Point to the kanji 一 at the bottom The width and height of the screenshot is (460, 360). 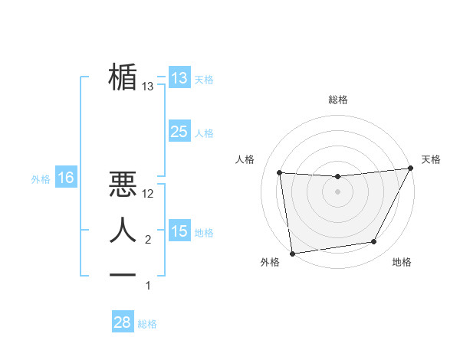(x=123, y=274)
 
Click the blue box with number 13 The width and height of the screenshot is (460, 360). (x=179, y=77)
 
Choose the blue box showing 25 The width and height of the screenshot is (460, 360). (x=179, y=132)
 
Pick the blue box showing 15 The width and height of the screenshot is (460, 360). (x=179, y=231)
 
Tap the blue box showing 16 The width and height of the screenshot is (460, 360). (x=66, y=178)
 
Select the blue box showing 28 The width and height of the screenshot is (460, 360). (x=123, y=322)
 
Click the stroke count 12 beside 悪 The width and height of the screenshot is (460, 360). (x=148, y=195)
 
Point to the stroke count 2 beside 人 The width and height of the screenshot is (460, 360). (x=148, y=240)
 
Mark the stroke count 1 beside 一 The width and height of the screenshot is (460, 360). (x=148, y=286)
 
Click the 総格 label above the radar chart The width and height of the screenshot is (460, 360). (x=338, y=100)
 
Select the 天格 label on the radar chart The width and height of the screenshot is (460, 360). (x=431, y=159)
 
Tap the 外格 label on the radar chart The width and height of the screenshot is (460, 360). (x=270, y=262)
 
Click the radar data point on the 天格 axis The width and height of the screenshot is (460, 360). (x=411, y=169)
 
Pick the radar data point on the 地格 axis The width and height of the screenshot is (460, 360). (x=374, y=242)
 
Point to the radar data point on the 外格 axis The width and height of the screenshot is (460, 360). (x=292, y=253)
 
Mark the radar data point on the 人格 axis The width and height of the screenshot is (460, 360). (x=280, y=172)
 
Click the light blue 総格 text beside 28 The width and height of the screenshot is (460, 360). (x=147, y=324)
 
